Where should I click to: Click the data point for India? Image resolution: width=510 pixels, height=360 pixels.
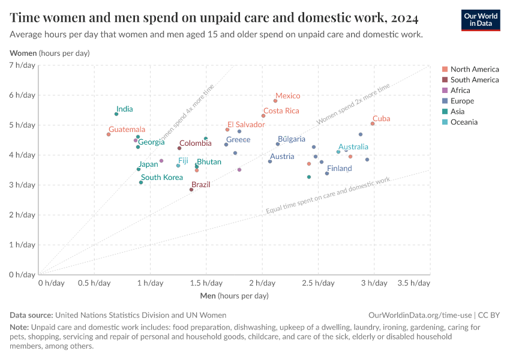coord(116,114)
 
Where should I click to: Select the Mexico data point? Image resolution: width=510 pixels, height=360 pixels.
coord(275,101)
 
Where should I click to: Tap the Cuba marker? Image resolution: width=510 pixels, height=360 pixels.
coord(373,124)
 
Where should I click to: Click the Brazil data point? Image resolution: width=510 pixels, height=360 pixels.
coord(191,190)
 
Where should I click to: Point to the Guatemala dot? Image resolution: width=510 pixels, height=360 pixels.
coord(109,134)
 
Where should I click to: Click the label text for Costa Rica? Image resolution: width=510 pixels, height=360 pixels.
coord(281,111)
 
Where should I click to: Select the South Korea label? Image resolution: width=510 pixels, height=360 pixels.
coord(162,178)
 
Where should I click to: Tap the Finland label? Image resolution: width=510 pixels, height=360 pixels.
coord(339,169)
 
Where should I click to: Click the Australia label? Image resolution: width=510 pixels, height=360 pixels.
coord(353,147)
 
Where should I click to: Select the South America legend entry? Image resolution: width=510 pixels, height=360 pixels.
coord(474,80)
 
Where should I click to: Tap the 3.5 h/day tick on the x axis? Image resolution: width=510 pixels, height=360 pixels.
coord(414,283)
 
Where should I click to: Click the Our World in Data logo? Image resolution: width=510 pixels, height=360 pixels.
coord(481,19)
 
